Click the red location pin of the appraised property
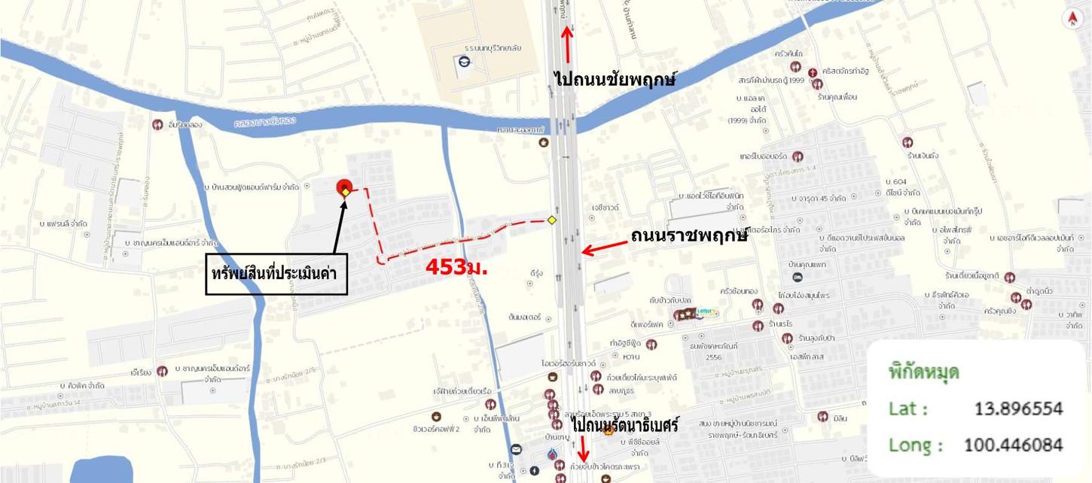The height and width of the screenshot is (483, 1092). point(344,187)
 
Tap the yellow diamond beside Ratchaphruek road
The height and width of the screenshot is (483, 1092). point(552,220)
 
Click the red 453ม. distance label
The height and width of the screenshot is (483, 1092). point(457,266)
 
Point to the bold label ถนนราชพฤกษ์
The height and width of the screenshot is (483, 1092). point(689,236)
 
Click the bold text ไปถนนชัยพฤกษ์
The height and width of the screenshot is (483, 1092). point(615,77)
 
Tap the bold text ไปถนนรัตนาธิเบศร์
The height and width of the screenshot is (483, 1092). point(625,425)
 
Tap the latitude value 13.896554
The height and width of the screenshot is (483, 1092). point(1018,409)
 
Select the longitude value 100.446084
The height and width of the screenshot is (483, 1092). point(1014,445)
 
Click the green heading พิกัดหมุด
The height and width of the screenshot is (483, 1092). point(923,372)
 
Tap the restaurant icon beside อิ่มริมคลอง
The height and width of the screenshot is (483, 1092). point(157,125)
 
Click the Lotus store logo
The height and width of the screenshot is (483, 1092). point(707,313)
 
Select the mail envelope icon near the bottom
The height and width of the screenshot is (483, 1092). point(516,450)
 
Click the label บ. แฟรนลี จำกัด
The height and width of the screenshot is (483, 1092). point(66,224)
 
